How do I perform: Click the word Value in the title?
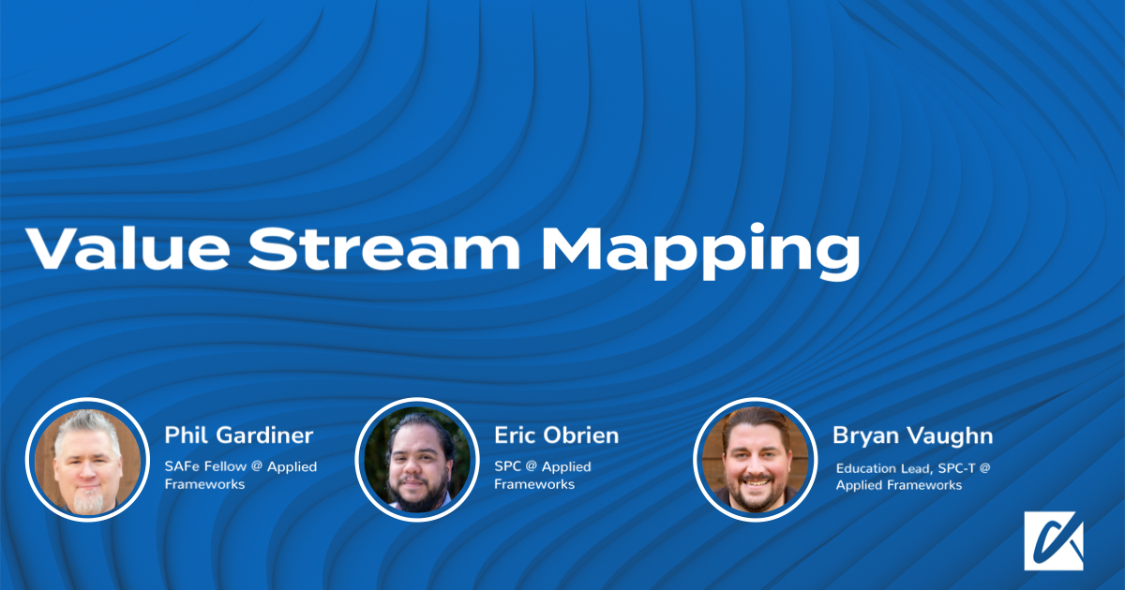tap(128, 248)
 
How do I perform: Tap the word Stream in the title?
tap(384, 248)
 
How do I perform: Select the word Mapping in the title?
tap(701, 252)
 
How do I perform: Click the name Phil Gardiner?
tap(239, 435)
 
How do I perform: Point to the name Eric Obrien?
tap(557, 435)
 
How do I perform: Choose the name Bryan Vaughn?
tap(912, 436)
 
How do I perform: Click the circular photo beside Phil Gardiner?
tap(88, 460)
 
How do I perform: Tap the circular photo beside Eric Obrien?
tap(417, 460)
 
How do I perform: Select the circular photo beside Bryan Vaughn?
tap(756, 460)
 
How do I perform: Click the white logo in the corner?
tap(1054, 541)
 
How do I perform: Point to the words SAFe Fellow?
tap(205, 466)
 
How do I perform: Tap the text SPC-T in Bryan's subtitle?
tap(957, 468)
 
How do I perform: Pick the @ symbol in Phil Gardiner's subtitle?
tap(257, 466)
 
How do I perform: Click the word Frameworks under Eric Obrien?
tap(534, 484)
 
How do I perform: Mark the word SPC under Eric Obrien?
tap(507, 466)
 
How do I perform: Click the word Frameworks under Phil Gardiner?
tap(205, 484)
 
